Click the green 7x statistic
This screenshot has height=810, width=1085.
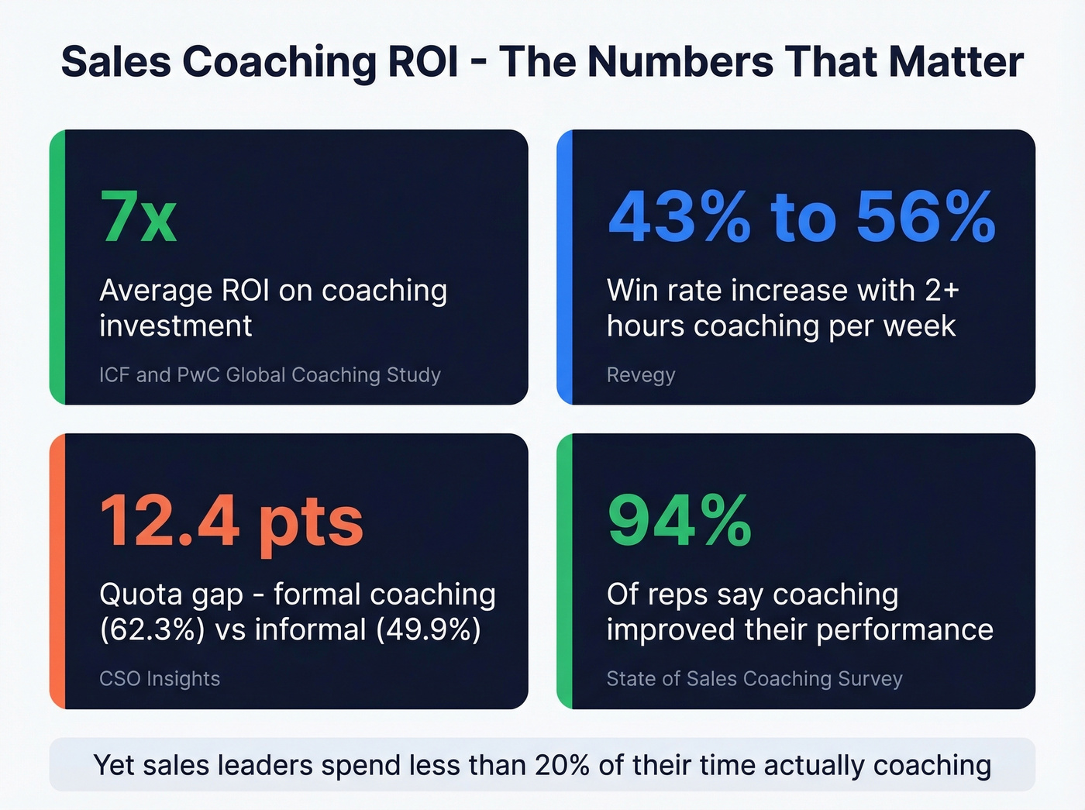coord(138,216)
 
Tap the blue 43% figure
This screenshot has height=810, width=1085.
coord(679,216)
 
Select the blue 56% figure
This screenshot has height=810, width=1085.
coord(925,216)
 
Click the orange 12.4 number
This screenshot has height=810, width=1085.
coord(169,521)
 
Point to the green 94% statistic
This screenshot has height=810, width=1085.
coord(679,521)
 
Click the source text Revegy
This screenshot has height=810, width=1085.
coord(641,375)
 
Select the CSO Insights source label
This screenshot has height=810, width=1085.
coord(160,679)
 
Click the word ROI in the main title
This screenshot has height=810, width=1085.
coord(422,62)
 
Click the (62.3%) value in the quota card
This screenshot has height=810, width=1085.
coord(152,629)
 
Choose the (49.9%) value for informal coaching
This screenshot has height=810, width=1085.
coord(429,629)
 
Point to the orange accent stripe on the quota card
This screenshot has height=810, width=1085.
coord(57,571)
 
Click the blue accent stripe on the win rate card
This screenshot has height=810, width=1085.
coord(564,267)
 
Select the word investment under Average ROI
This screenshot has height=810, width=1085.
coord(176,326)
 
